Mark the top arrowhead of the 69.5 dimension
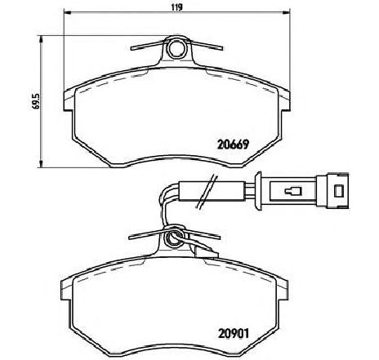pyautogui.click(x=39, y=37)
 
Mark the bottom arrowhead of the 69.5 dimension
pyautogui.click(x=39, y=167)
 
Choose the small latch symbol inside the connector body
pyautogui.click(x=292, y=193)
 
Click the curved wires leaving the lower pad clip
pyautogui.click(x=164, y=208)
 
